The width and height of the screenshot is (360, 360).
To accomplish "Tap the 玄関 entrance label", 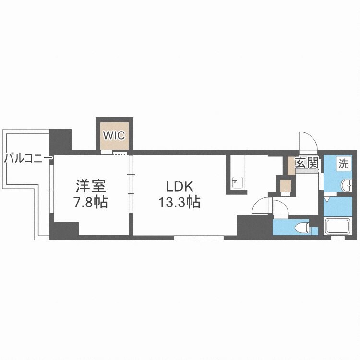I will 307,163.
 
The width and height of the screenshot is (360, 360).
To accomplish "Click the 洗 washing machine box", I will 344,163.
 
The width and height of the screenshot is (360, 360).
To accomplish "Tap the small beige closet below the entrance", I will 286,186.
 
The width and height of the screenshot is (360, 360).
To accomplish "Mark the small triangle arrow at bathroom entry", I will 327,198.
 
